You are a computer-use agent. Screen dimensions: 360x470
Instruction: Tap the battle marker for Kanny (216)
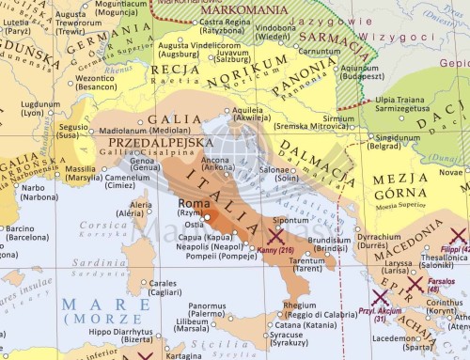(276, 235)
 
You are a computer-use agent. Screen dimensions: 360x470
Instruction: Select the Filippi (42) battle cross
(458, 235)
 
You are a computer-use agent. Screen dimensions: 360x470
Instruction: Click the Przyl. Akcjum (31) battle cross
(381, 299)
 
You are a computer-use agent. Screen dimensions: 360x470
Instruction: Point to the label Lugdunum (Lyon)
(41, 109)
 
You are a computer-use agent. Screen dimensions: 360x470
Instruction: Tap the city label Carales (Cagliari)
(164, 287)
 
